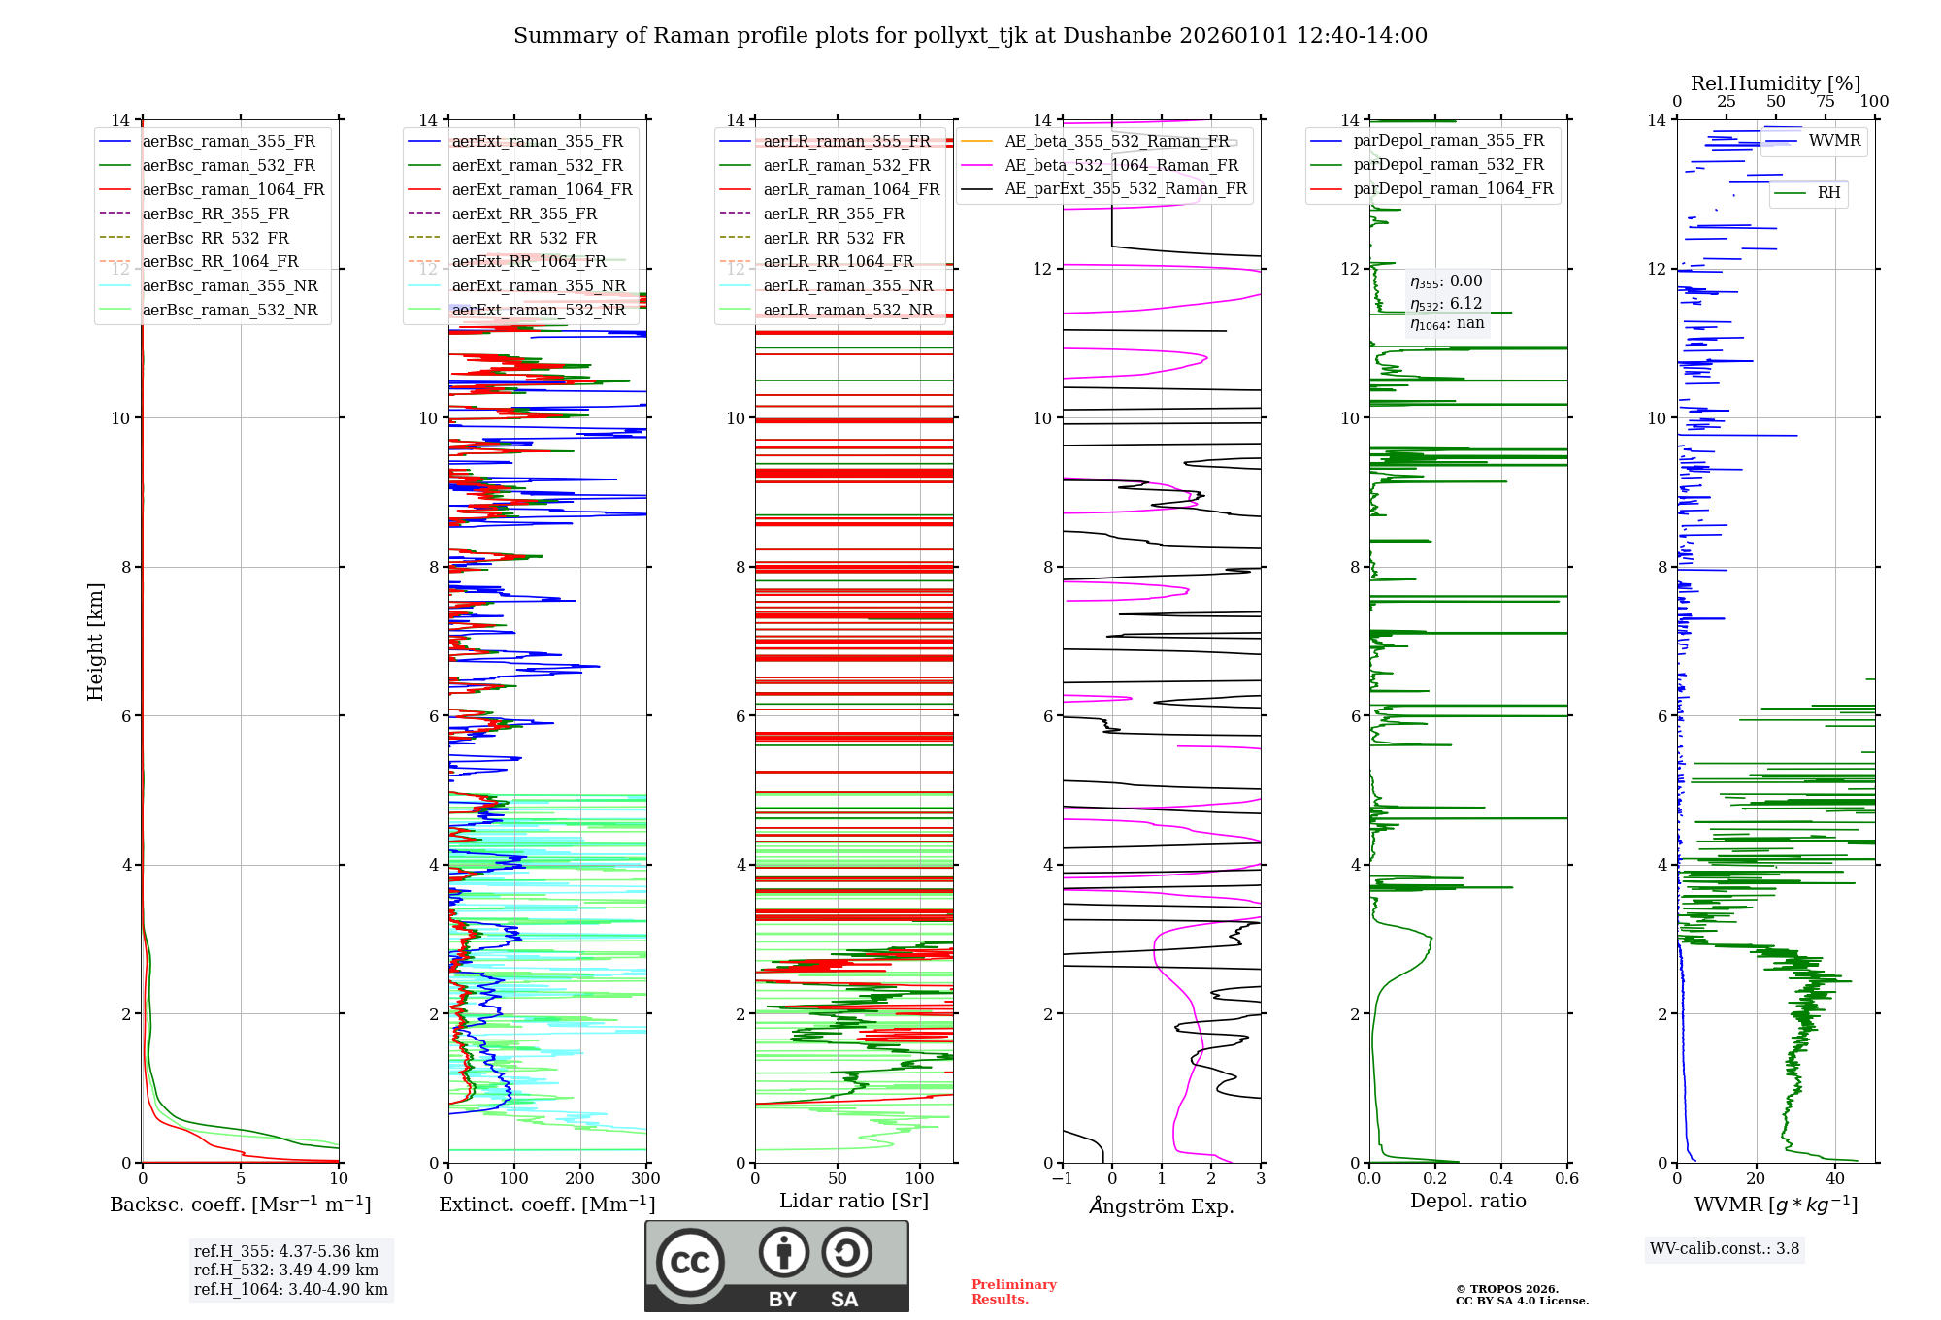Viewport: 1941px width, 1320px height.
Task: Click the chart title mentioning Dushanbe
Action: [970, 36]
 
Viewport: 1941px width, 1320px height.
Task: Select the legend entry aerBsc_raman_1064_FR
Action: [233, 190]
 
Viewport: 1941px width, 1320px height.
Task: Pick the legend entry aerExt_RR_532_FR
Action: [524, 239]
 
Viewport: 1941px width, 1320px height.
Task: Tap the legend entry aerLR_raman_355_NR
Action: [847, 286]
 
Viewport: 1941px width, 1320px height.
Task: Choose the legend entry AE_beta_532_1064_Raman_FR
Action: [1121, 166]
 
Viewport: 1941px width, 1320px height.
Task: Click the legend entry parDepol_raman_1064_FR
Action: [1453, 189]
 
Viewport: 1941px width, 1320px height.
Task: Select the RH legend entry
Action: [1828, 193]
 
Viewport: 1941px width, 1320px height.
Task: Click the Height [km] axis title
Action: [95, 642]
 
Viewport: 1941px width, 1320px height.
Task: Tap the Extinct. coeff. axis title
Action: [546, 1204]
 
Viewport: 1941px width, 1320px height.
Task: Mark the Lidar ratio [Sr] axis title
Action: [854, 1201]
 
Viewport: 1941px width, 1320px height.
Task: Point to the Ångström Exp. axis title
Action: [1162, 1206]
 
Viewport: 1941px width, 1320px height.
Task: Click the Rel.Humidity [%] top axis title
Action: [1775, 83]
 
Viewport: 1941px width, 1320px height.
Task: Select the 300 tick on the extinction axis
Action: [645, 1179]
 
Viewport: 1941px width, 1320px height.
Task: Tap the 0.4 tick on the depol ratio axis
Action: [1500, 1179]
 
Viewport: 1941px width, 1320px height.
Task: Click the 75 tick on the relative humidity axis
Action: [1825, 102]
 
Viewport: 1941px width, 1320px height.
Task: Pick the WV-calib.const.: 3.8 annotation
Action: [1725, 1249]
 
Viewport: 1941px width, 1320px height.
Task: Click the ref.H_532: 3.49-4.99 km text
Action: [286, 1270]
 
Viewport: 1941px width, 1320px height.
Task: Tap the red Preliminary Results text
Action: [1013, 1292]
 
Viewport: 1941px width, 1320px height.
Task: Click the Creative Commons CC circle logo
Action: [690, 1263]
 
